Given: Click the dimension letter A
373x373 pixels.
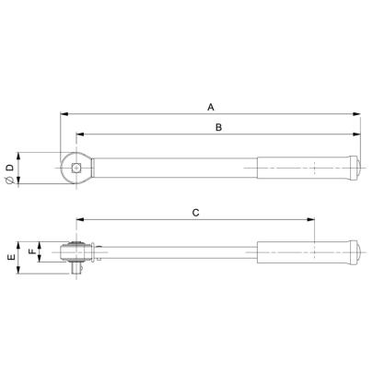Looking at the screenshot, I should tap(210, 106).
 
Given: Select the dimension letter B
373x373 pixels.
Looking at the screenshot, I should tap(217, 129).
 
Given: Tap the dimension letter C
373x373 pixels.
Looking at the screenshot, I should tap(195, 212).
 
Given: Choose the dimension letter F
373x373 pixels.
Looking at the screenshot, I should tap(29, 251).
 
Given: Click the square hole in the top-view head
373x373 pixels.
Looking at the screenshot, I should tap(76, 168).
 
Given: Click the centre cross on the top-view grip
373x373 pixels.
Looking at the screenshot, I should tap(315, 169).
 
